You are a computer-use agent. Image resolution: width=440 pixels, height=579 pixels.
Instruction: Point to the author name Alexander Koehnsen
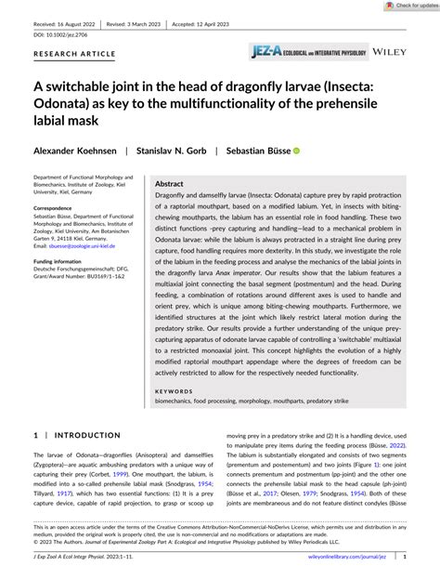[x=75, y=150]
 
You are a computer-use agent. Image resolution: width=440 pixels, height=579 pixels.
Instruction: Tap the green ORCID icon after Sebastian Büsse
[x=297, y=150]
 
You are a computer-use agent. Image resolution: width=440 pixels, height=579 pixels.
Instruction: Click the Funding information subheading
[x=65, y=263]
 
